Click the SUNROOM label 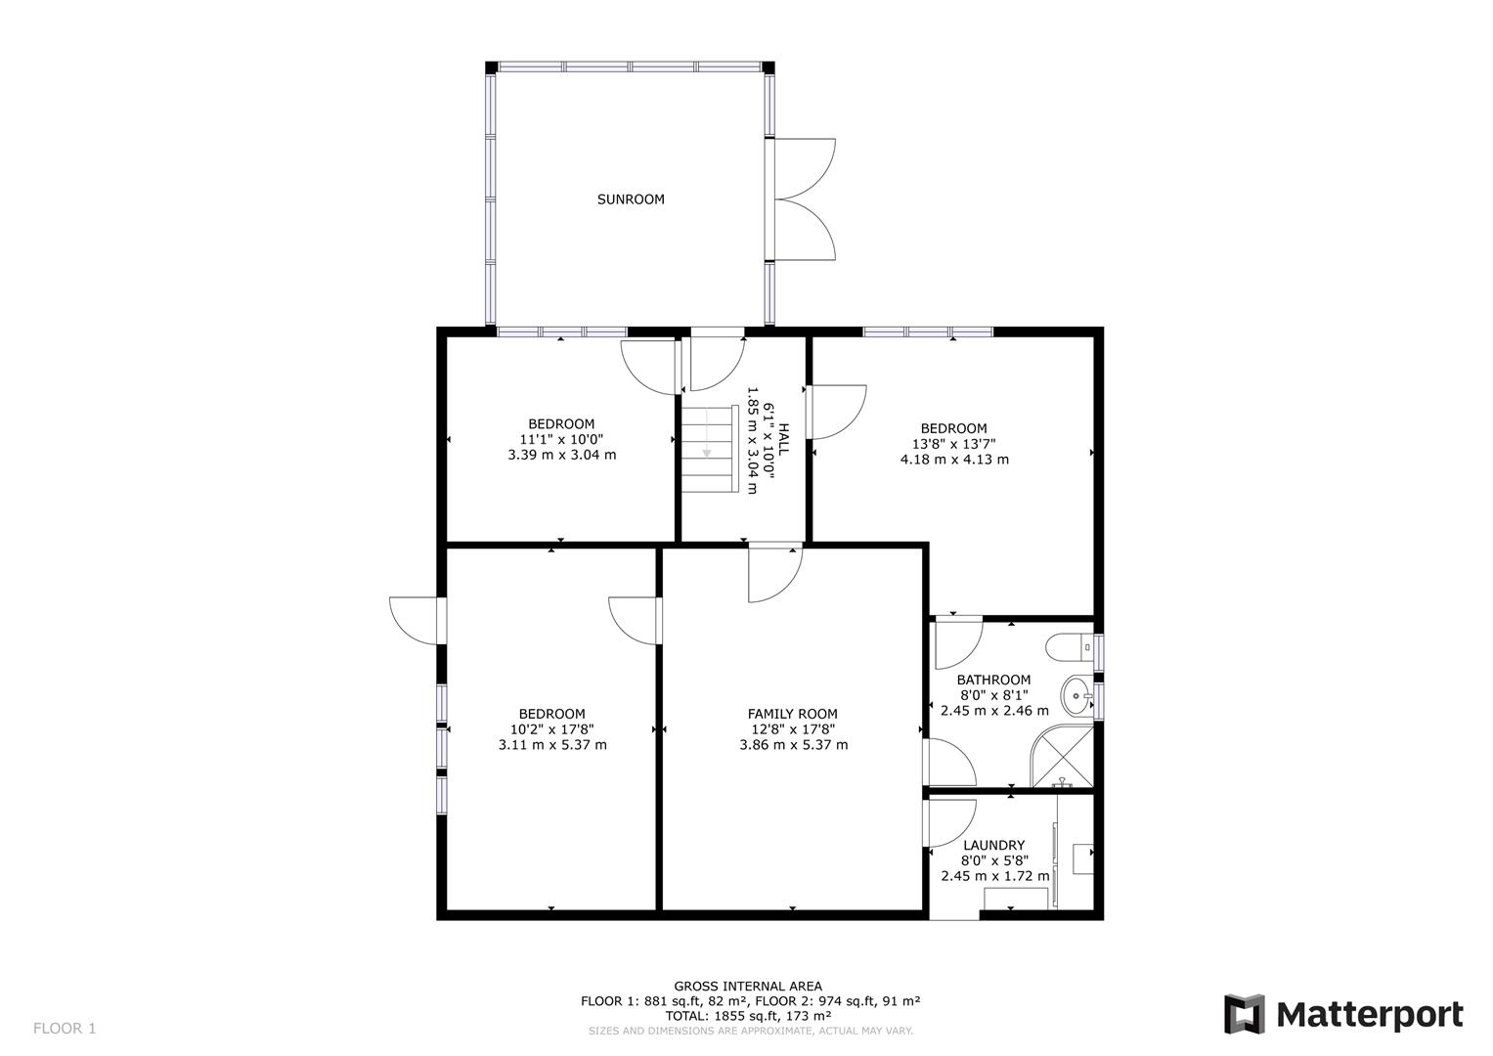631,199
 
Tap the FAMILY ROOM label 793,714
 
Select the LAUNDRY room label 993,846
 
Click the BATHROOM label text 993,680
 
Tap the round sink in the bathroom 1076,697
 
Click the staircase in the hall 708,449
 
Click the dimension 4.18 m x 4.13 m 954,459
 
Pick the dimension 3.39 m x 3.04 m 561,455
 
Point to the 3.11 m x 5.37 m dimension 551,745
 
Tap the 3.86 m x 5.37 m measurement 793,745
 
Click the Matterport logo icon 1245,1014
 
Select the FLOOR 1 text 65,1028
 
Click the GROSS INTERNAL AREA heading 748,986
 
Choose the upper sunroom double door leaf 804,168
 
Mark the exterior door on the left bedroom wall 416,620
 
